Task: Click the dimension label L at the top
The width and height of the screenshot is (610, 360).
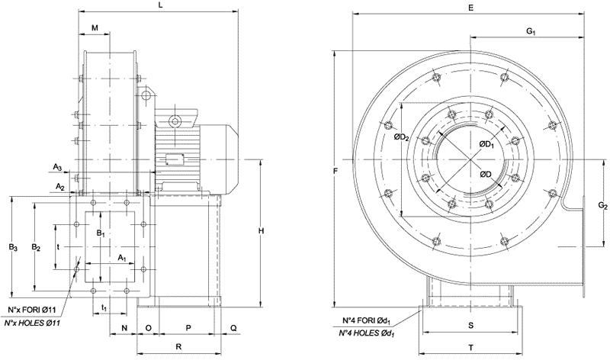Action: click(x=159, y=5)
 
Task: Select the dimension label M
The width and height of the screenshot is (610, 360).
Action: click(x=95, y=27)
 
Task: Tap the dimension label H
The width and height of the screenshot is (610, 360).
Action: click(x=261, y=230)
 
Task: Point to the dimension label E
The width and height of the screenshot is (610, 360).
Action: click(x=472, y=8)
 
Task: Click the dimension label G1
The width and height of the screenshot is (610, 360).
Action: click(x=531, y=31)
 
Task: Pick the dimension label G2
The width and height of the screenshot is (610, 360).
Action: click(x=602, y=207)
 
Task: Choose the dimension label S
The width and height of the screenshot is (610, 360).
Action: click(x=470, y=326)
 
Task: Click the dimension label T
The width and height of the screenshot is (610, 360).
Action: click(x=470, y=347)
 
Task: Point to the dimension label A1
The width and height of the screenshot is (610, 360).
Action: click(x=121, y=258)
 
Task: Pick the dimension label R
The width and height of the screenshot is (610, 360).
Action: click(x=178, y=347)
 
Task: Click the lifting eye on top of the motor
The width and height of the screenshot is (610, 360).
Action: click(x=175, y=121)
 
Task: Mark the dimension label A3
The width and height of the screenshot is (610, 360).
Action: click(x=58, y=166)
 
